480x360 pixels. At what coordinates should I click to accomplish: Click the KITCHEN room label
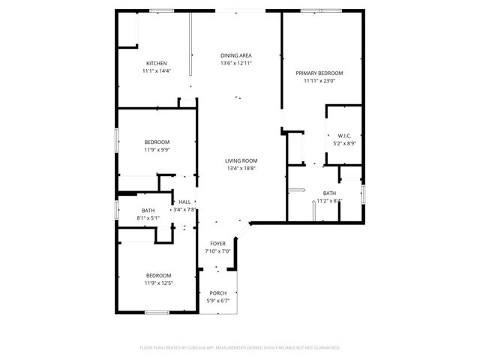[157, 64]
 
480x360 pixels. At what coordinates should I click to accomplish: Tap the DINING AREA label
[235, 55]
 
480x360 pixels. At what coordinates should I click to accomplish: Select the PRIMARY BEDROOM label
[319, 73]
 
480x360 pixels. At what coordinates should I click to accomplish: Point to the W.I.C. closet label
[343, 136]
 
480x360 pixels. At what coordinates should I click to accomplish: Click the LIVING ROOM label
[241, 160]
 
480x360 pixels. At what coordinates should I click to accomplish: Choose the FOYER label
[217, 244]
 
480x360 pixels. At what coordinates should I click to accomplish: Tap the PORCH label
[217, 293]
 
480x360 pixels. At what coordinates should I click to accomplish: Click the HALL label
[184, 202]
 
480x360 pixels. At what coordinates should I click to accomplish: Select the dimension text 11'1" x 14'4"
[157, 71]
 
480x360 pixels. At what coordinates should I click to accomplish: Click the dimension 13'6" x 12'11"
[235, 64]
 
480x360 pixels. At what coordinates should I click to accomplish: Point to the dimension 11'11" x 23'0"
[319, 80]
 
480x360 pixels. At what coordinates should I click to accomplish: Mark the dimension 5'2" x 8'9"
[343, 143]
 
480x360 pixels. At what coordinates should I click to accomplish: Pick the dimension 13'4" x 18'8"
[241, 169]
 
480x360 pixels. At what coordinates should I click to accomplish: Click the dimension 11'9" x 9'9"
[157, 150]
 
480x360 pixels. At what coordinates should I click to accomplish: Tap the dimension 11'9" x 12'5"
[158, 283]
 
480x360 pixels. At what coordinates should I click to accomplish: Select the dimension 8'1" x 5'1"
[148, 218]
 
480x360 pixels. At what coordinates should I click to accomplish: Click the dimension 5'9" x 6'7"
[217, 301]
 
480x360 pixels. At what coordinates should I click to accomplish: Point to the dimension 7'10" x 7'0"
[217, 251]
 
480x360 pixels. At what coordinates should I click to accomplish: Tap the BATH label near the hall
[148, 211]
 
